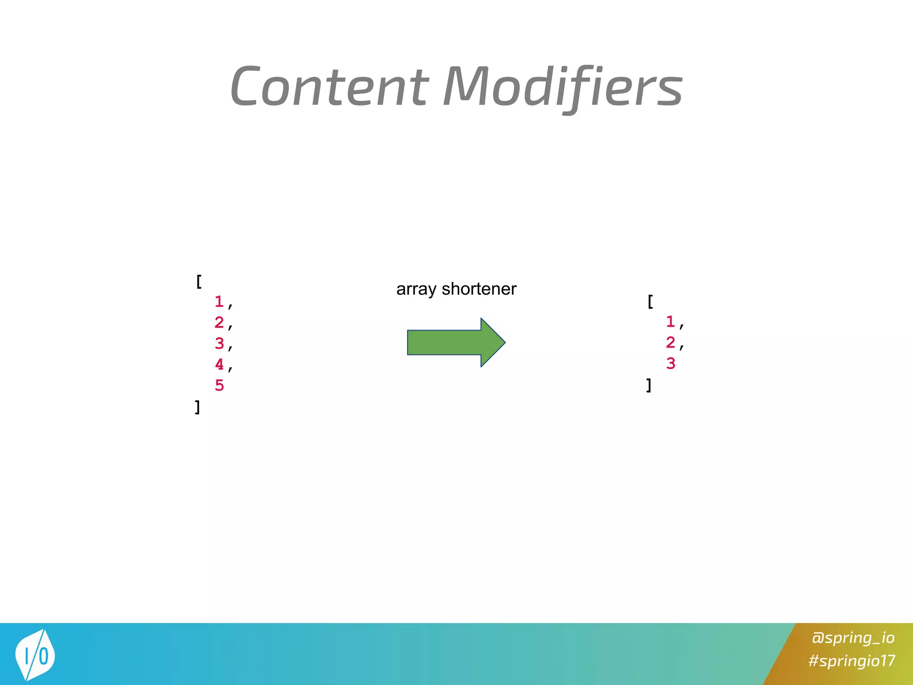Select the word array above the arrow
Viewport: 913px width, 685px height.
[x=415, y=289]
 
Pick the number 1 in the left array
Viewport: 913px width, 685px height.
[x=219, y=302]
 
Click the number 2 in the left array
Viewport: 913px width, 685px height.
[x=219, y=322]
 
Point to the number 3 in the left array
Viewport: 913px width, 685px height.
[x=219, y=343]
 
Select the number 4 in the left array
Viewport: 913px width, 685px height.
[x=219, y=364]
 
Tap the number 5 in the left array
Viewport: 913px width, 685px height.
[x=219, y=385]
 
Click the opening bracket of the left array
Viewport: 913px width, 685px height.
[x=199, y=282]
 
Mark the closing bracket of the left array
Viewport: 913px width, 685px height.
[x=197, y=407]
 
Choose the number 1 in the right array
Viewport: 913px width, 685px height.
[x=670, y=322]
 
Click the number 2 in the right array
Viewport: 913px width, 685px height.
[x=670, y=342]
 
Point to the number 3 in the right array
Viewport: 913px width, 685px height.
[x=670, y=363]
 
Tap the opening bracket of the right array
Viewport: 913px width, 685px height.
[x=650, y=302]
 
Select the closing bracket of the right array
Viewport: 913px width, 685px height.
[x=649, y=385]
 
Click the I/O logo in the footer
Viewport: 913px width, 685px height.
[x=35, y=655]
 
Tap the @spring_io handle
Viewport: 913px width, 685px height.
[x=853, y=638]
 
